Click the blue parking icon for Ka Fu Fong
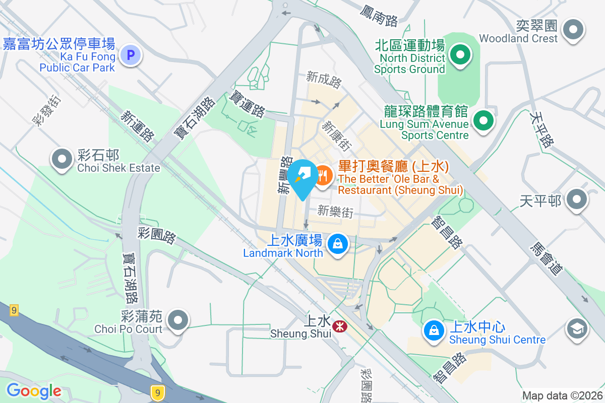pyautogui.click(x=131, y=54)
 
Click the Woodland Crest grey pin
pyautogui.click(x=573, y=29)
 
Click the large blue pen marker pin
pyautogui.click(x=302, y=177)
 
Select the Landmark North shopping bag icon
pyautogui.click(x=337, y=245)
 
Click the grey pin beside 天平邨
pyautogui.click(x=576, y=200)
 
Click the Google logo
pyautogui.click(x=34, y=391)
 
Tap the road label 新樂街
pyautogui.click(x=335, y=212)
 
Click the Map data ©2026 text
pyautogui.click(x=562, y=395)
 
